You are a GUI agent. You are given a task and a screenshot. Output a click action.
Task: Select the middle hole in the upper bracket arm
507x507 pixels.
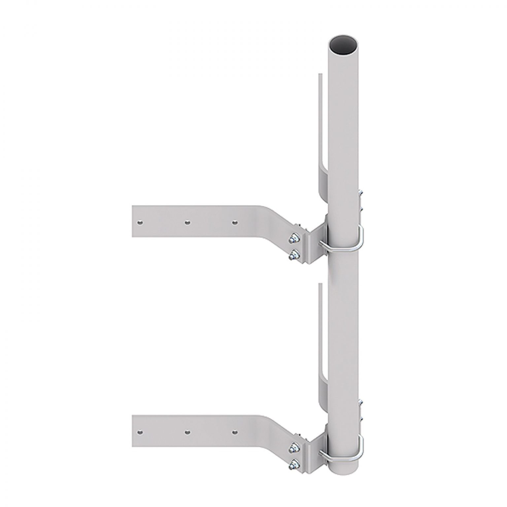pyautogui.click(x=187, y=223)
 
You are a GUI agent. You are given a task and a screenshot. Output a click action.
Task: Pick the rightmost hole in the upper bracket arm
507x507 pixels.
pyautogui.click(x=234, y=223)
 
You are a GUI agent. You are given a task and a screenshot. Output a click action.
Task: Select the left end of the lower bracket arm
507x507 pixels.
pyautogui.click(x=133, y=431)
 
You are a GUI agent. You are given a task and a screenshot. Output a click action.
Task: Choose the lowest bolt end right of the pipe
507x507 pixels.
pyautogui.click(x=361, y=417)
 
